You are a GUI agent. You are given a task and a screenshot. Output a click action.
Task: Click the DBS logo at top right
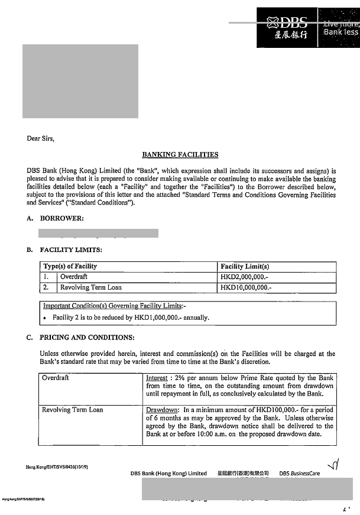click(288, 28)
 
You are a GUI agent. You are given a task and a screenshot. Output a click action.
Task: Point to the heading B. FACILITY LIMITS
click(64, 250)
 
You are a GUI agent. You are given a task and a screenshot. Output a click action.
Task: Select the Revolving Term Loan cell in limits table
click(91, 287)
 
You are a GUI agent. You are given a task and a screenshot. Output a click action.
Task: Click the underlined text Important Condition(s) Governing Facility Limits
click(115, 306)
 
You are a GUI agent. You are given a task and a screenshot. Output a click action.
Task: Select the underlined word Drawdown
click(161, 409)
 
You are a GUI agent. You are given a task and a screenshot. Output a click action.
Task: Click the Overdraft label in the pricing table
click(56, 377)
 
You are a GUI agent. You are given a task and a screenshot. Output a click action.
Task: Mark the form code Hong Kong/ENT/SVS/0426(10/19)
click(57, 467)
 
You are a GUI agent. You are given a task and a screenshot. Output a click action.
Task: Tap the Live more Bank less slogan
click(340, 28)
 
